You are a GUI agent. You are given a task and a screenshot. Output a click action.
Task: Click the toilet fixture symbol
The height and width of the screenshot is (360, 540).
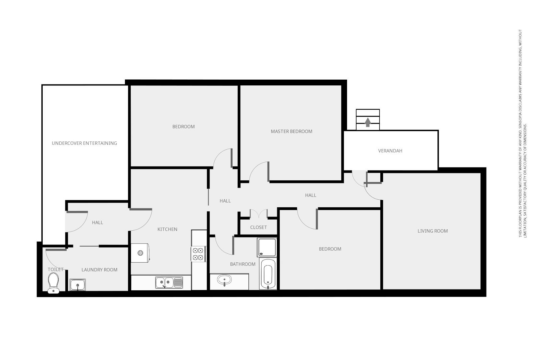click(x=53, y=283)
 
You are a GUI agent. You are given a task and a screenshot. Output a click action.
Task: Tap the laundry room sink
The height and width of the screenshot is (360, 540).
click(x=78, y=285)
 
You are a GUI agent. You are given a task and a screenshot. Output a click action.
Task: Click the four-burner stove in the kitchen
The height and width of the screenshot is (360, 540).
click(x=198, y=254)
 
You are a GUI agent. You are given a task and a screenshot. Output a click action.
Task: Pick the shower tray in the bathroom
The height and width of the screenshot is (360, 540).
click(x=267, y=247)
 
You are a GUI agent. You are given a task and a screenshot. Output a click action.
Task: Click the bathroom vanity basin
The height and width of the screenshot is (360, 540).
click(x=225, y=280)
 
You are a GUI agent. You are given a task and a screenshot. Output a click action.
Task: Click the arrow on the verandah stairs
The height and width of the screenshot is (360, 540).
click(x=368, y=122)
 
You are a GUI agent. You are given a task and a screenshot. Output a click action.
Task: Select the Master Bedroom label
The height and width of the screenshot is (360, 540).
click(x=291, y=131)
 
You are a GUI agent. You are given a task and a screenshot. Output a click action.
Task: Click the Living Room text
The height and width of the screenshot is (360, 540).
click(x=432, y=231)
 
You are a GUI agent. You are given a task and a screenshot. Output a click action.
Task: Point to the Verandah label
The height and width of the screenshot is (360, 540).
click(x=390, y=151)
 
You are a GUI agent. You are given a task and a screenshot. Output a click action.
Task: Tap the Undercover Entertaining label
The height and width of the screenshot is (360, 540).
click(x=84, y=143)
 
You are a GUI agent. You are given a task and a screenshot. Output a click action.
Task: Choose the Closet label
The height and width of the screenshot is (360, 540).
click(x=258, y=227)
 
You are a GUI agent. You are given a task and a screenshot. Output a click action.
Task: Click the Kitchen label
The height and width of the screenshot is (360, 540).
click(x=167, y=229)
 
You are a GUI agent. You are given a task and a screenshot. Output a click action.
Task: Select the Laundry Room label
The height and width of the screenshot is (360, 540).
click(x=99, y=270)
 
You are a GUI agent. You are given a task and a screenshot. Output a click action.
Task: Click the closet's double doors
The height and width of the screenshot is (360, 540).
click(x=259, y=213)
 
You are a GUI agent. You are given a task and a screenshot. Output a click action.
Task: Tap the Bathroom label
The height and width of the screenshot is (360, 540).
click(x=243, y=264)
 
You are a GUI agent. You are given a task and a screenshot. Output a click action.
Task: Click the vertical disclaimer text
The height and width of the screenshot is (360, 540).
click(x=522, y=133)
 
